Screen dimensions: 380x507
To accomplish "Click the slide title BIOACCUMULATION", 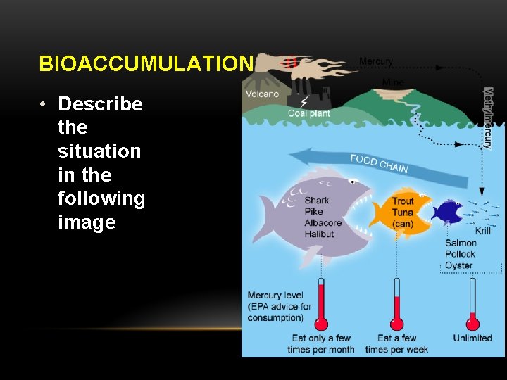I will (x=145, y=64).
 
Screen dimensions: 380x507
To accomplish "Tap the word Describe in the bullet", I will (x=100, y=104).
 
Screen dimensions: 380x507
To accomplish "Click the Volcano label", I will (x=262, y=94).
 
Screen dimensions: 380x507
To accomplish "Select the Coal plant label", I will (x=308, y=113).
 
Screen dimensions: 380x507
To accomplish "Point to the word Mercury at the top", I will (x=376, y=62).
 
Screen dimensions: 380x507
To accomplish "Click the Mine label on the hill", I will (x=392, y=82).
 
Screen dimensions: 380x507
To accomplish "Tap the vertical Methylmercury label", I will (x=487, y=118).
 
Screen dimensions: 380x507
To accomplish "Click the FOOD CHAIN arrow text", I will (x=379, y=163).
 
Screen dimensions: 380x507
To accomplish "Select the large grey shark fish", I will (x=310, y=215).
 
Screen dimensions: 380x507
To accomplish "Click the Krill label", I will (x=483, y=231).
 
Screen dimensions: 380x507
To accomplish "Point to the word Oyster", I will (x=458, y=266).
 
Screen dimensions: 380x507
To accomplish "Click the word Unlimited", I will (x=472, y=338).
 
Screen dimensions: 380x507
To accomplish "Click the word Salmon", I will (x=461, y=243).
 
